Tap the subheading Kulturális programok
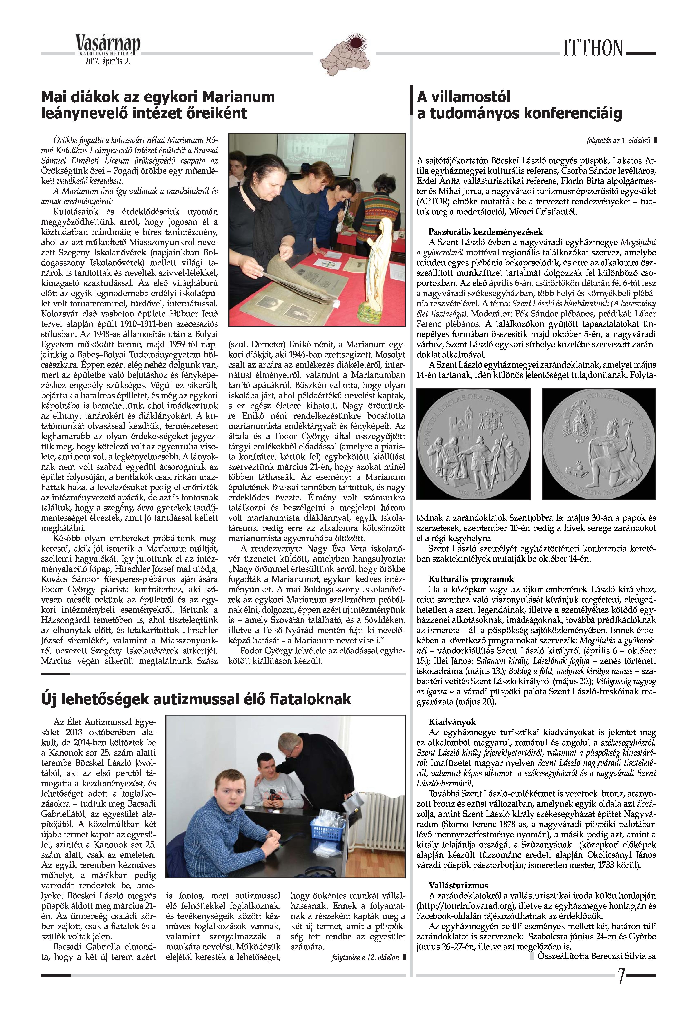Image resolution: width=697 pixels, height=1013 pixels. point(471,579)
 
